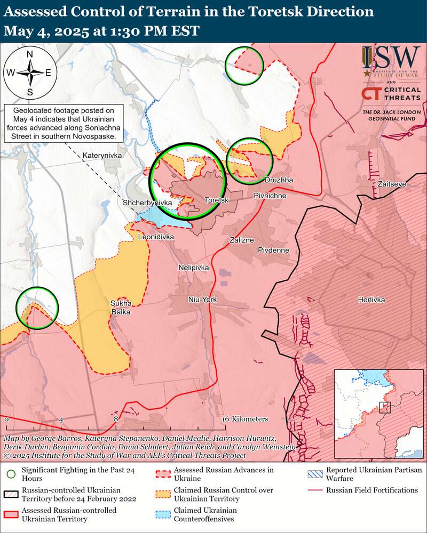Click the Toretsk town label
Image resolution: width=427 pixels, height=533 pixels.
pyautogui.click(x=217, y=200)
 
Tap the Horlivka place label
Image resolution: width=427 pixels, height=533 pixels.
pyautogui.click(x=371, y=300)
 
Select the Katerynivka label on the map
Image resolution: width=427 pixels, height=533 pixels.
pyautogui.click(x=102, y=155)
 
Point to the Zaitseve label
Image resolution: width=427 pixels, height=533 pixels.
pyautogui.click(x=392, y=184)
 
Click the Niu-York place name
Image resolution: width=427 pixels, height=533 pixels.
pyautogui.click(x=203, y=300)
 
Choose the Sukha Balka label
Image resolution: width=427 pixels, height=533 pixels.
pyautogui.click(x=121, y=308)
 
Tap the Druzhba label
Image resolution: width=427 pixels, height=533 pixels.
pyautogui.click(x=279, y=180)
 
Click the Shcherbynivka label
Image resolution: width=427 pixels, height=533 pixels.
pyautogui.click(x=147, y=203)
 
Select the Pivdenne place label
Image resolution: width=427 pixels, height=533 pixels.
pyautogui.click(x=273, y=250)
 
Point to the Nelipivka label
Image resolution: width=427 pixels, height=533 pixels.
pyautogui.click(x=194, y=268)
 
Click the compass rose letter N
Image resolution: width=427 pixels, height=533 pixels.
pyautogui.click(x=30, y=54)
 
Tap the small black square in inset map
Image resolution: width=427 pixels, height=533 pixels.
pyautogui.click(x=385, y=408)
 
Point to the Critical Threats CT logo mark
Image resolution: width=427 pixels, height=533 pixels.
pyautogui.click(x=371, y=94)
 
